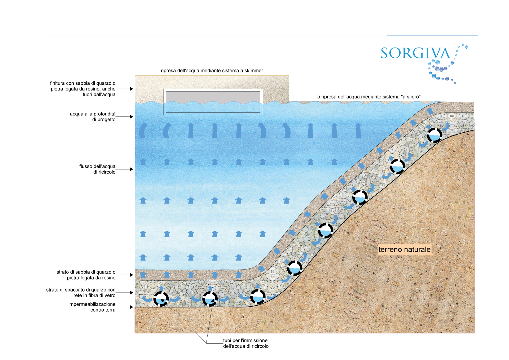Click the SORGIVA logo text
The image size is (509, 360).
click(x=415, y=53)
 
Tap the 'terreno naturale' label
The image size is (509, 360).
click(x=404, y=249)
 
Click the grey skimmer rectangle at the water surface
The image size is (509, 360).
click(x=213, y=102)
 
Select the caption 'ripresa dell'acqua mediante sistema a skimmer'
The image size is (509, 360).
click(x=212, y=71)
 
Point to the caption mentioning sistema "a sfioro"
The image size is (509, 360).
click(x=369, y=97)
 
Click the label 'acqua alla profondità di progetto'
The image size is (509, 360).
click(x=93, y=117)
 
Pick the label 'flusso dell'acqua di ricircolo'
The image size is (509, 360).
click(x=97, y=169)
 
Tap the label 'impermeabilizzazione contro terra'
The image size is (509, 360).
click(x=92, y=307)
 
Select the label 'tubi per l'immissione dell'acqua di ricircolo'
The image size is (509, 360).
click(x=246, y=343)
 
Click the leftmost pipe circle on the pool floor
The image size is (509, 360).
click(x=161, y=299)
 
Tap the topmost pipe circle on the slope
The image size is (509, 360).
click(x=435, y=135)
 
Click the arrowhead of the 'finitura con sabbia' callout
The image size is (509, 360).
click(x=131, y=89)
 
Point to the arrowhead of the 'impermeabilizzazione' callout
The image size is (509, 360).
click(x=131, y=307)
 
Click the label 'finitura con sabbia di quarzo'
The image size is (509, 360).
click(x=83, y=89)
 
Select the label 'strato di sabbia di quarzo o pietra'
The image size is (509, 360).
click(x=86, y=275)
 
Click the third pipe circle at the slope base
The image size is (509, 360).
click(x=258, y=296)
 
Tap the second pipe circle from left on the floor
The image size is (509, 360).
click(x=210, y=299)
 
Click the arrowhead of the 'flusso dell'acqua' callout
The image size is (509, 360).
click(x=131, y=169)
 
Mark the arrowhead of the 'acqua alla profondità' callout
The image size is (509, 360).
click(x=131, y=117)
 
